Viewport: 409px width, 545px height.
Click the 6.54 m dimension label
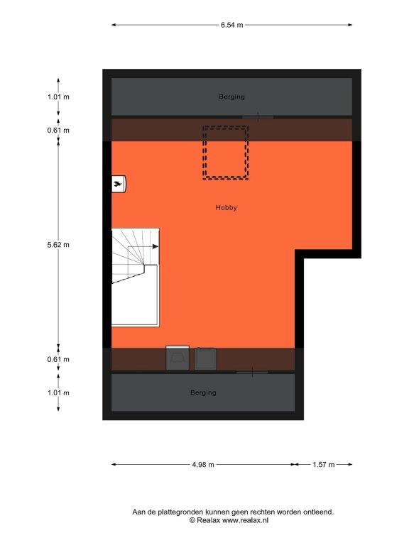[x=232, y=25]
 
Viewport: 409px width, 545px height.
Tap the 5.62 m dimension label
[x=58, y=245]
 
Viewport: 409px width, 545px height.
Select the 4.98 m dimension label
[x=203, y=464]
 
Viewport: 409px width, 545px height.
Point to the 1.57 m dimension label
[x=324, y=464]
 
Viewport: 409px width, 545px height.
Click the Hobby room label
[x=226, y=207]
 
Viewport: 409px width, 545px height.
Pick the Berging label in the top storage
[x=231, y=97]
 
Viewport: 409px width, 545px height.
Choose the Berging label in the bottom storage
[x=203, y=392]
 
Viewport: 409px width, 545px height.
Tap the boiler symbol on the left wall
[x=119, y=185]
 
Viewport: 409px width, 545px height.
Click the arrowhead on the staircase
[x=155, y=246]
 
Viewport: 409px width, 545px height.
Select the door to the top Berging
[x=258, y=117]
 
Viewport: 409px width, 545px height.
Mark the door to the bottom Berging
[x=252, y=373]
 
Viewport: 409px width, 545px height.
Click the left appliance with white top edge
[x=178, y=358]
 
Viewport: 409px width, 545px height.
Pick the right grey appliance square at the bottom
[x=205, y=358]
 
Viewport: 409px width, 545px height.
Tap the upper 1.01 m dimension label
[x=58, y=97]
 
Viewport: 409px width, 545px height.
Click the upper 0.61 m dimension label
[x=58, y=131]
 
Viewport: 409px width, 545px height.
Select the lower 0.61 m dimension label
[x=58, y=359]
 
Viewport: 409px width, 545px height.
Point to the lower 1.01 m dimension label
[x=58, y=392]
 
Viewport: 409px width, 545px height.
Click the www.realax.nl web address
[x=246, y=520]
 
